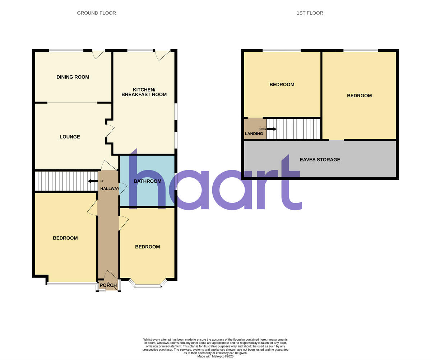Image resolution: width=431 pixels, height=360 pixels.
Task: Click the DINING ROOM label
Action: (x=73, y=77)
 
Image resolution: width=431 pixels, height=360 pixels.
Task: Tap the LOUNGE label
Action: (x=70, y=137)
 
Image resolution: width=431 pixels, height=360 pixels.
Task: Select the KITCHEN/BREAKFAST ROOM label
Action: (x=144, y=92)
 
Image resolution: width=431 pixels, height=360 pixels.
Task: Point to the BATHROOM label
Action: (x=147, y=181)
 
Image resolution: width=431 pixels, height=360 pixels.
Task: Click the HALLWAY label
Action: (x=110, y=188)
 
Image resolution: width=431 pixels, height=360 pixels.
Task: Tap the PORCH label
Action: (x=108, y=285)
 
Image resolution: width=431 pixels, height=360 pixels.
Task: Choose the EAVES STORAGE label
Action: (x=320, y=160)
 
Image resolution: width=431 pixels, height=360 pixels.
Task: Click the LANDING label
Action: (x=254, y=134)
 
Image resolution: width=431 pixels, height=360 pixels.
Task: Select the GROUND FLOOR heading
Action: (x=96, y=13)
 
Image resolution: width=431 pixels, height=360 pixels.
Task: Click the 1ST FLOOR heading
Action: (x=310, y=13)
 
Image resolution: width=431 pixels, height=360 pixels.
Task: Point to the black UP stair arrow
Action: (x=93, y=181)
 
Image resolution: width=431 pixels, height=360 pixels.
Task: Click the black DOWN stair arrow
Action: (x=272, y=129)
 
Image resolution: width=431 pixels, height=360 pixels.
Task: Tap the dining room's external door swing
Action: (x=98, y=54)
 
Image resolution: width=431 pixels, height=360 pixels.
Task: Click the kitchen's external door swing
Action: (x=162, y=55)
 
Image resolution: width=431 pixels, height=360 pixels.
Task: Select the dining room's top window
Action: (x=66, y=51)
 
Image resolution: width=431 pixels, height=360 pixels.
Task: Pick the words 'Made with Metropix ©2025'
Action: (x=215, y=356)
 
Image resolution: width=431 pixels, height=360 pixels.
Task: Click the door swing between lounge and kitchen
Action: (x=110, y=131)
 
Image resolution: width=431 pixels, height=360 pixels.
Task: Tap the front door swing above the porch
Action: (x=110, y=276)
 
